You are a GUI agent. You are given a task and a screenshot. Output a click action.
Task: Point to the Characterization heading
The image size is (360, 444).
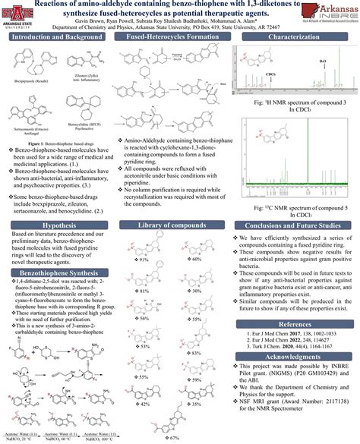pos(298,36)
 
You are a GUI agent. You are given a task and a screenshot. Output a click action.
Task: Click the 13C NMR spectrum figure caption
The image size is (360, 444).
pos(298,210)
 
